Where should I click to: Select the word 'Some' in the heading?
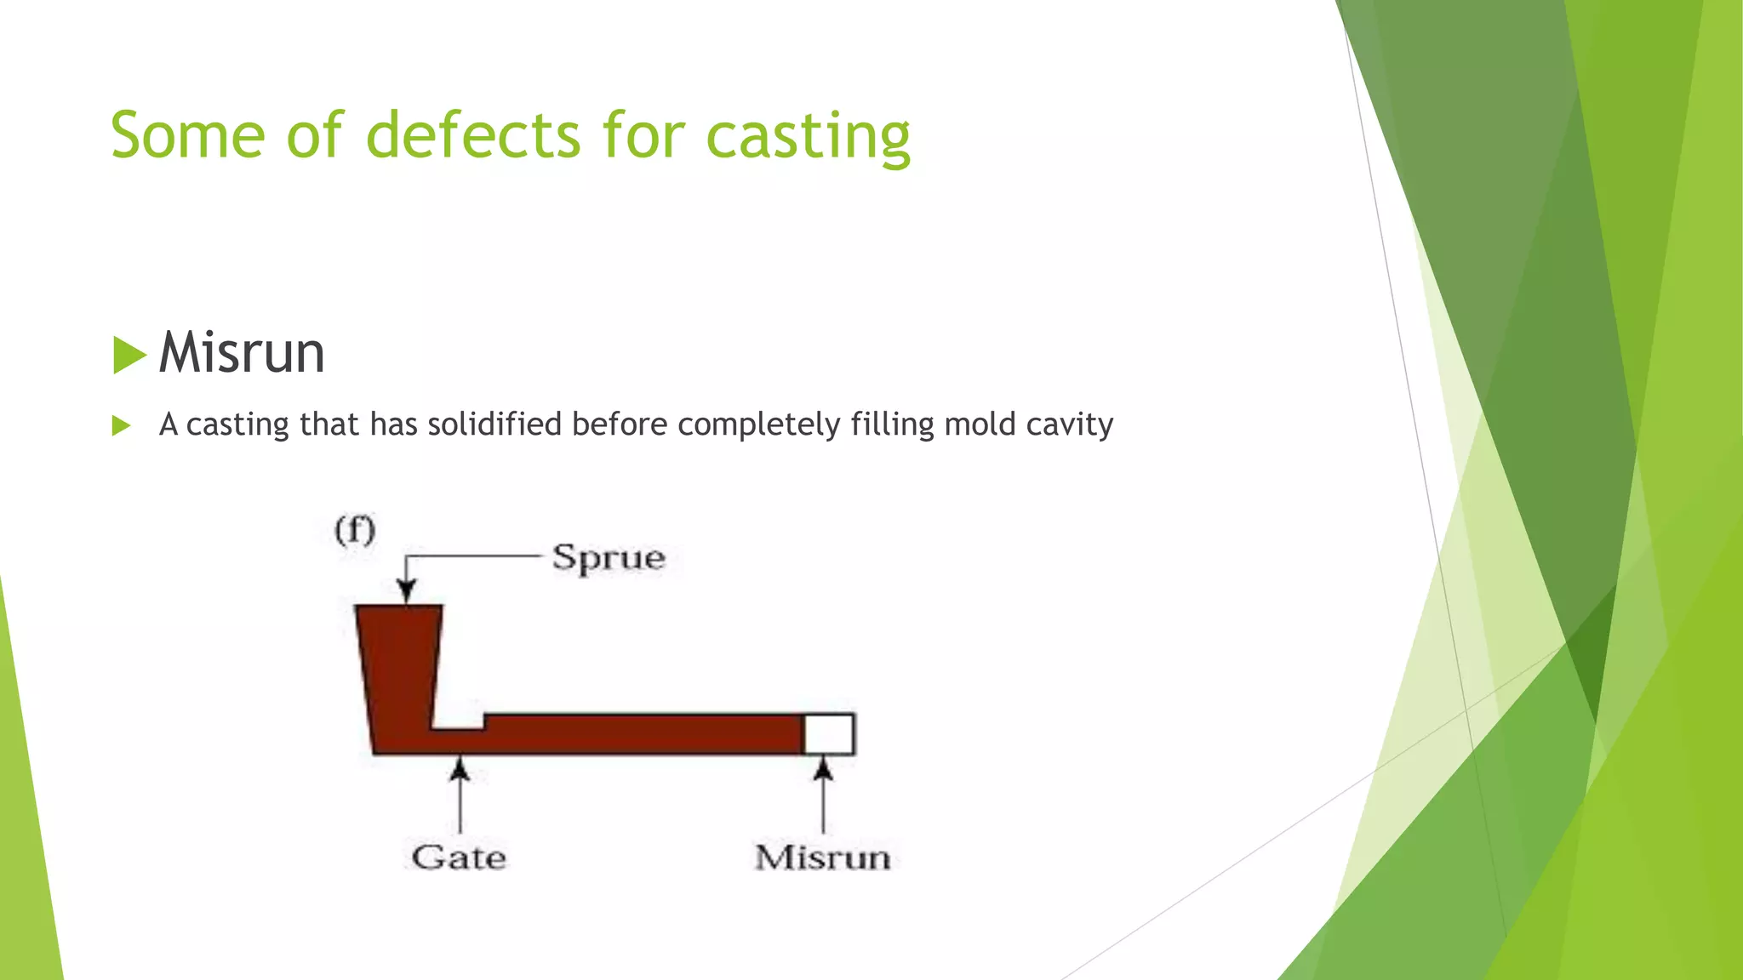point(187,136)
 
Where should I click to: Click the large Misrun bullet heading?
point(242,353)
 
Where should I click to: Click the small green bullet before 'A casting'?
point(121,425)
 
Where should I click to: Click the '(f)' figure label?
point(355,531)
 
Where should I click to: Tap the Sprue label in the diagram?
point(608,558)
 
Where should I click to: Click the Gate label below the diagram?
point(459,857)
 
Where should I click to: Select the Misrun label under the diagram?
point(822,857)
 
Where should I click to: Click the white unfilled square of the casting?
point(829,734)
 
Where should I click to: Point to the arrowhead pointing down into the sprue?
point(407,591)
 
